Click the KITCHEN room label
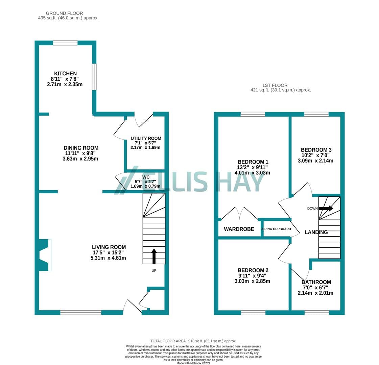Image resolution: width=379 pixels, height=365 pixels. click(65, 73)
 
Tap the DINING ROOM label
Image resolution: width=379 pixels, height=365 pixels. click(81, 148)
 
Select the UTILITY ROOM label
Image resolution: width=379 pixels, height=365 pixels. click(146, 139)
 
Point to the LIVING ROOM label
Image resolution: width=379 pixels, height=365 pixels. click(109, 247)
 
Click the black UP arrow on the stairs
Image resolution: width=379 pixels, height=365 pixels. click(154, 256)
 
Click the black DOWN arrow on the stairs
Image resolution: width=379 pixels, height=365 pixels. click(326, 209)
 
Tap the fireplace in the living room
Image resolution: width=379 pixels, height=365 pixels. click(45, 255)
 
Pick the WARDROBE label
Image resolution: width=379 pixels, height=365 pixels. click(239, 229)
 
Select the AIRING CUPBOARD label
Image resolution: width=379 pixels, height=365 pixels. click(276, 229)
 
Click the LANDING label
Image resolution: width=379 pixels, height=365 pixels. click(316, 233)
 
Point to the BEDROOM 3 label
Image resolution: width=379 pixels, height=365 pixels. click(316, 150)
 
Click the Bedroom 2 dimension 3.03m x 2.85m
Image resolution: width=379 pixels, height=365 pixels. click(252, 281)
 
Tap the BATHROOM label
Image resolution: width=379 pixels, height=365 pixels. click(316, 282)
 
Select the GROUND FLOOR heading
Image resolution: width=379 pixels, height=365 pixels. click(64, 13)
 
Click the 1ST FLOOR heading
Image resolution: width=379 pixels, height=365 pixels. click(275, 85)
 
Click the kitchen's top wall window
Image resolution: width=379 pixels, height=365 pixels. click(65, 43)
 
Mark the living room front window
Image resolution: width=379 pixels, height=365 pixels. click(81, 313)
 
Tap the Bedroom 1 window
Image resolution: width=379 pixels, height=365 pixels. click(253, 114)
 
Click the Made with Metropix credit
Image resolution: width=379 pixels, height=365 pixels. click(193, 363)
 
